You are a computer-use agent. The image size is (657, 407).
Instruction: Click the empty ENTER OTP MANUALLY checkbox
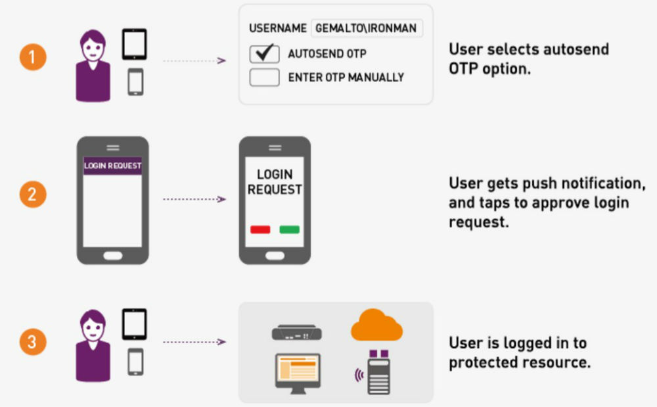(x=265, y=78)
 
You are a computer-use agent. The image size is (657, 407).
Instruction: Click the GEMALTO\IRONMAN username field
(x=367, y=29)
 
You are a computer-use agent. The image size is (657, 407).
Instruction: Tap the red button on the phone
(x=260, y=229)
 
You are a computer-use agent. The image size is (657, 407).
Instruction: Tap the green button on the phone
(x=289, y=229)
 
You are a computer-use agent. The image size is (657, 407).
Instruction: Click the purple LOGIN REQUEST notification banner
(x=112, y=166)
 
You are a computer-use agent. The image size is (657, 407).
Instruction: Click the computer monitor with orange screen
(x=296, y=372)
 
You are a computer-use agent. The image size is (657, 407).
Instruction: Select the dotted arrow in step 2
(x=194, y=197)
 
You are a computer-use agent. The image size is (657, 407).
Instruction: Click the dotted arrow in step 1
(x=194, y=60)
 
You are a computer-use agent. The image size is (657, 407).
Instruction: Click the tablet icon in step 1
(x=135, y=45)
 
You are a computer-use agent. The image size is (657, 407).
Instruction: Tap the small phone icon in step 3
(x=135, y=362)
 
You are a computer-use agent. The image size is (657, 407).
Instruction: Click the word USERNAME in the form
(x=277, y=29)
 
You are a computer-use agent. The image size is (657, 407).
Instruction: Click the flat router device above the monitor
(x=296, y=334)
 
